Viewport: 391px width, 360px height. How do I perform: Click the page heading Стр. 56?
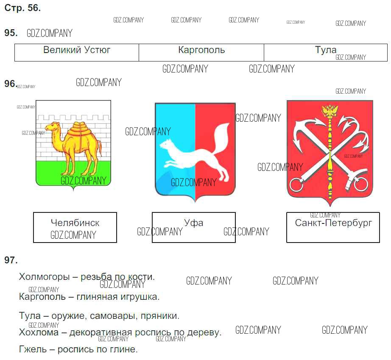point(22,8)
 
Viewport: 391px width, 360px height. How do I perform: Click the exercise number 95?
point(10,33)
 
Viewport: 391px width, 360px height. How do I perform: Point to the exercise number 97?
point(11,260)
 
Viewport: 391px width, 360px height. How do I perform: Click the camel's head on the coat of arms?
point(53,126)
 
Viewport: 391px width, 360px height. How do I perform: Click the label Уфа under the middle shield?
point(194,223)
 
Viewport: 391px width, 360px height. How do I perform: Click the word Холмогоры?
point(44,277)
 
